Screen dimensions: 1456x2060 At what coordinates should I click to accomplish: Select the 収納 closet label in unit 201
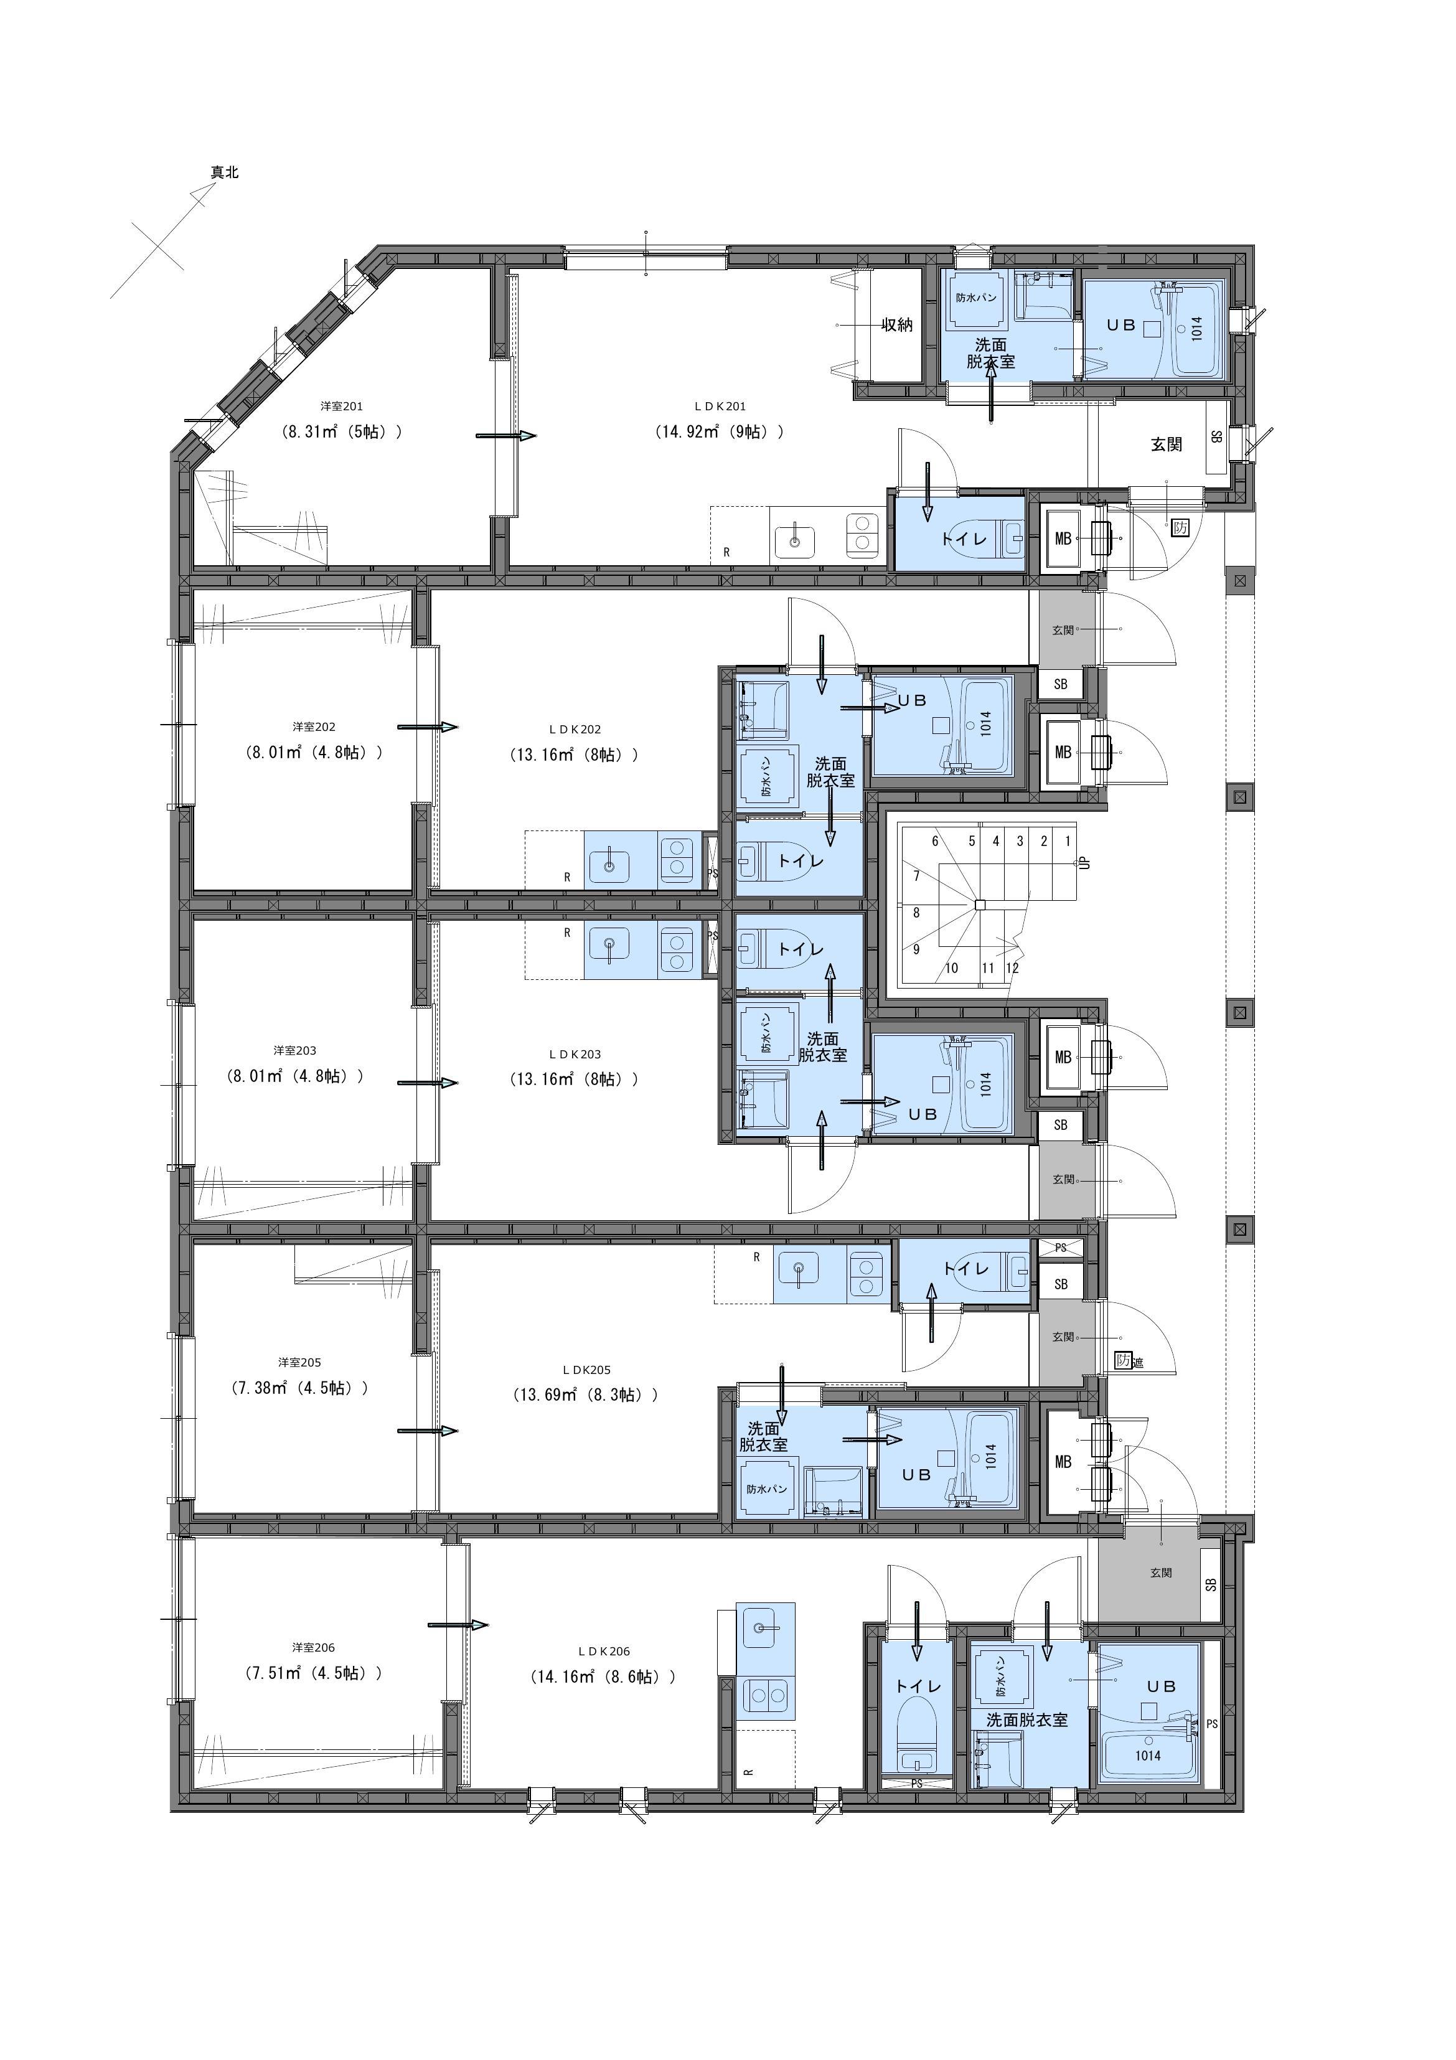point(897,325)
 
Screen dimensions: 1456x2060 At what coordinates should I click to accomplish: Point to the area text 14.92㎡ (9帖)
point(720,431)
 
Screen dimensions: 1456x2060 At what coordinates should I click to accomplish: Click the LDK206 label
point(604,1651)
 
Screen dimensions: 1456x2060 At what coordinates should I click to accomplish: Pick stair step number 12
point(1012,968)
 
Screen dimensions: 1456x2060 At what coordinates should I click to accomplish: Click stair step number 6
point(935,842)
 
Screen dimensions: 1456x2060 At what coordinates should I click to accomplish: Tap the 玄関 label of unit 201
point(1167,444)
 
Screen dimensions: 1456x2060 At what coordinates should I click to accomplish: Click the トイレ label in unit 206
point(918,1686)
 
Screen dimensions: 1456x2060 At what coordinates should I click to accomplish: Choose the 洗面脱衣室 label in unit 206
point(1027,1720)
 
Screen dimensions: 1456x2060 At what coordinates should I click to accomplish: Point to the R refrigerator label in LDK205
point(756,1257)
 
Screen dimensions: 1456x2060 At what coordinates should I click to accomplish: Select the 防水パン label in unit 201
point(976,298)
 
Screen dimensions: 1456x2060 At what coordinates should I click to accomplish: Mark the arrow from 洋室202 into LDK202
point(427,727)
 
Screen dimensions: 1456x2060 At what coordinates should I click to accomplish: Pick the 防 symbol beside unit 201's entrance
point(1181,527)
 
